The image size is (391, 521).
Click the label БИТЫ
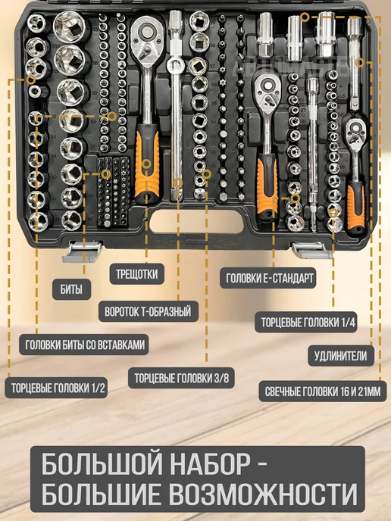71,289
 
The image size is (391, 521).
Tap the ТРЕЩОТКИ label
136,274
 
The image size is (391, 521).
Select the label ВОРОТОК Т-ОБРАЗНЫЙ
148,311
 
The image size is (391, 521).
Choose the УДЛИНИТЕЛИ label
341,356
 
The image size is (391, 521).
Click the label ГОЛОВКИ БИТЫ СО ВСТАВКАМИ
84,345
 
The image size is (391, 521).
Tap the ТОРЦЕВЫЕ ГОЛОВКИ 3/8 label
182,378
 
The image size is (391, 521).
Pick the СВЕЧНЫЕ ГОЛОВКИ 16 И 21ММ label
323,391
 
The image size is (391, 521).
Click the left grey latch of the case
82,251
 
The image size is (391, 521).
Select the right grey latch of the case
311,250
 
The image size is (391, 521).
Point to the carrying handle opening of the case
196,223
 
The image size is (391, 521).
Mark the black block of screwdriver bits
113,192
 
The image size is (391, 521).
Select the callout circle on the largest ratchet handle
146,164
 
